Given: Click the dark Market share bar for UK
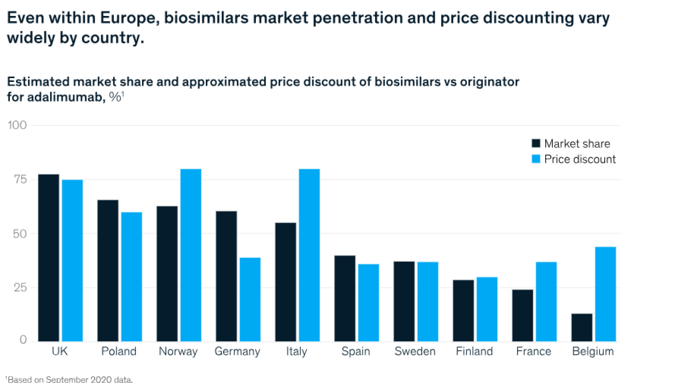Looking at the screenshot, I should tap(49, 258).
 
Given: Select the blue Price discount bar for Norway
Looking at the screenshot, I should tap(191, 255).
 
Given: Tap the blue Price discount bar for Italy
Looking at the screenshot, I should tap(309, 255).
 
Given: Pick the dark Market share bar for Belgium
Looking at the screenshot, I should tap(582, 327).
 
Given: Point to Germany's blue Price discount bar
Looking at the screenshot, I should tap(250, 299).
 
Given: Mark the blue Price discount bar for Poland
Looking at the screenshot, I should tap(132, 277).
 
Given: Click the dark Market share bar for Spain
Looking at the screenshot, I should tap(345, 298).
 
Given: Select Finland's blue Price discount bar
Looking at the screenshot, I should tap(487, 309).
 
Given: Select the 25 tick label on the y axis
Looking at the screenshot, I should tap(19, 287).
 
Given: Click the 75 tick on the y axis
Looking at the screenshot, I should tap(19, 179).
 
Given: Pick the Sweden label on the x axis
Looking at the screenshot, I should tap(415, 352).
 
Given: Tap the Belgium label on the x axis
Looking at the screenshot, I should tap(593, 352).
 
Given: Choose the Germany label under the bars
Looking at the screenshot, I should tap(237, 352).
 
